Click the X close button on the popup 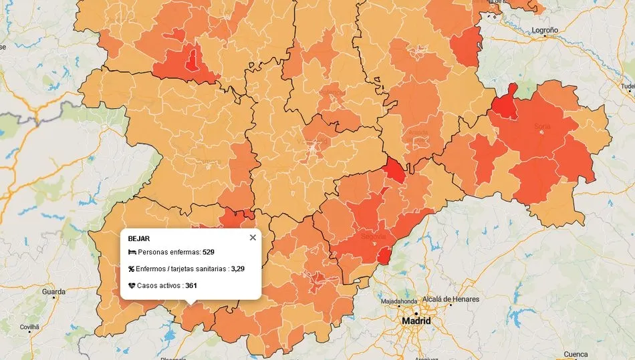(x=253, y=237)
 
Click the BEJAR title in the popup (x=138, y=238)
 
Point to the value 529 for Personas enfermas (x=209, y=252)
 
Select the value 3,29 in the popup (x=239, y=268)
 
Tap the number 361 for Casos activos (x=191, y=285)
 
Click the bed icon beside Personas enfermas (x=132, y=252)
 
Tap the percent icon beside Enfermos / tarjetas (x=132, y=268)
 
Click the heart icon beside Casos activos (x=132, y=285)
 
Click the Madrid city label (x=416, y=321)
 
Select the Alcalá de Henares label (x=450, y=299)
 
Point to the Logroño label (x=544, y=31)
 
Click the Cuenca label (x=576, y=354)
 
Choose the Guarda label (x=53, y=292)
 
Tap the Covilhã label (x=29, y=327)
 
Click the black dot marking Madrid (x=416, y=313)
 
